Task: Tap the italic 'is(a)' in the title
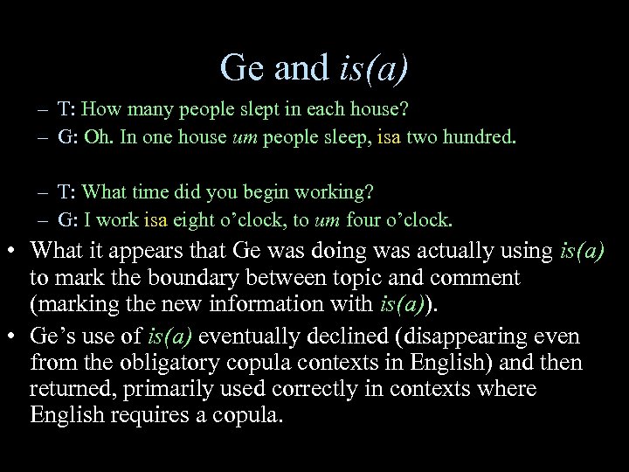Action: [x=373, y=68]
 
